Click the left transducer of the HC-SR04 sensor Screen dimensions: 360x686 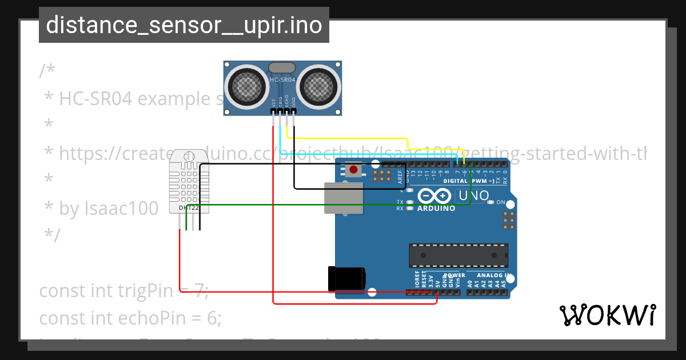pos(248,86)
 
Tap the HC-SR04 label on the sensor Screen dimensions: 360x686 pos(282,80)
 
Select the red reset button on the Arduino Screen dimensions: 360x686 pos(353,170)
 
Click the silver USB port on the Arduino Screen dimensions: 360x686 pos(343,198)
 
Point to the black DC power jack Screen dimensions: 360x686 pos(346,278)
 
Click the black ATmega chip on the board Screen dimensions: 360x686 pos(458,255)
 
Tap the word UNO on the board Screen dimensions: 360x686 pos(473,195)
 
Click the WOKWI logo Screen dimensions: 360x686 pos(607,315)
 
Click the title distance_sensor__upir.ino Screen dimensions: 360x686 pos(184,25)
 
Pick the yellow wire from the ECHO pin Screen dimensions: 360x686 pos(349,138)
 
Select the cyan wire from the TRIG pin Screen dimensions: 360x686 pos(366,153)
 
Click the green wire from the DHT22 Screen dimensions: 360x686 pos(326,205)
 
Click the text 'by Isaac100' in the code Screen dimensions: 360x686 pos(109,209)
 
